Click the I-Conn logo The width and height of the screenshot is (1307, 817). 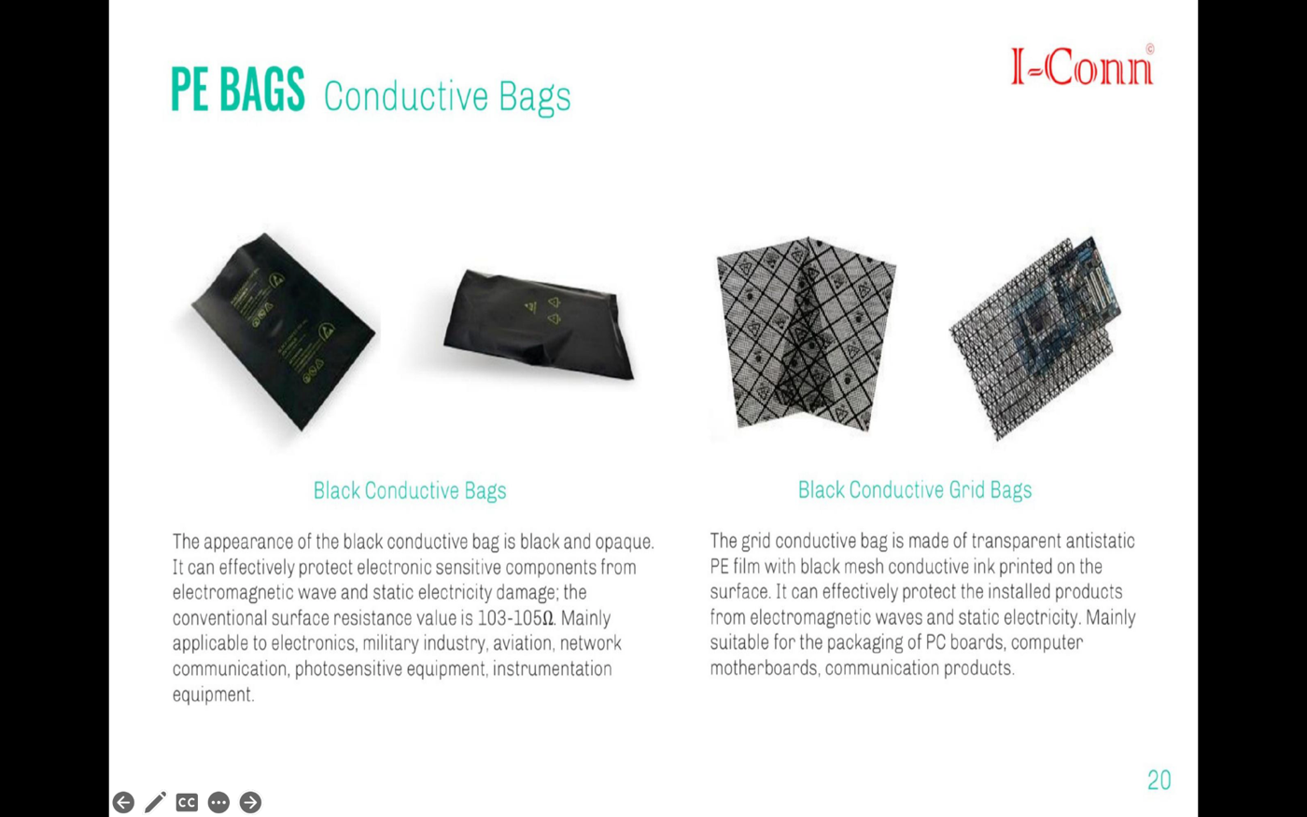[1082, 66]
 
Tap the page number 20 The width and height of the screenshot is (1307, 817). [1159, 780]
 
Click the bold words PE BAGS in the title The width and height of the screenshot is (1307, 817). [237, 91]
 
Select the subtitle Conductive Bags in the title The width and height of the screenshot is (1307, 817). [446, 96]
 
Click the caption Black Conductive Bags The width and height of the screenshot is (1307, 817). [409, 490]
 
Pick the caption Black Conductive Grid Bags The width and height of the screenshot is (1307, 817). [914, 489]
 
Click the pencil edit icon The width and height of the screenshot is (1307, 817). [155, 802]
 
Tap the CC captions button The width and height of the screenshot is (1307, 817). [187, 802]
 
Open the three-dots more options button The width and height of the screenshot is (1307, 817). [218, 802]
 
